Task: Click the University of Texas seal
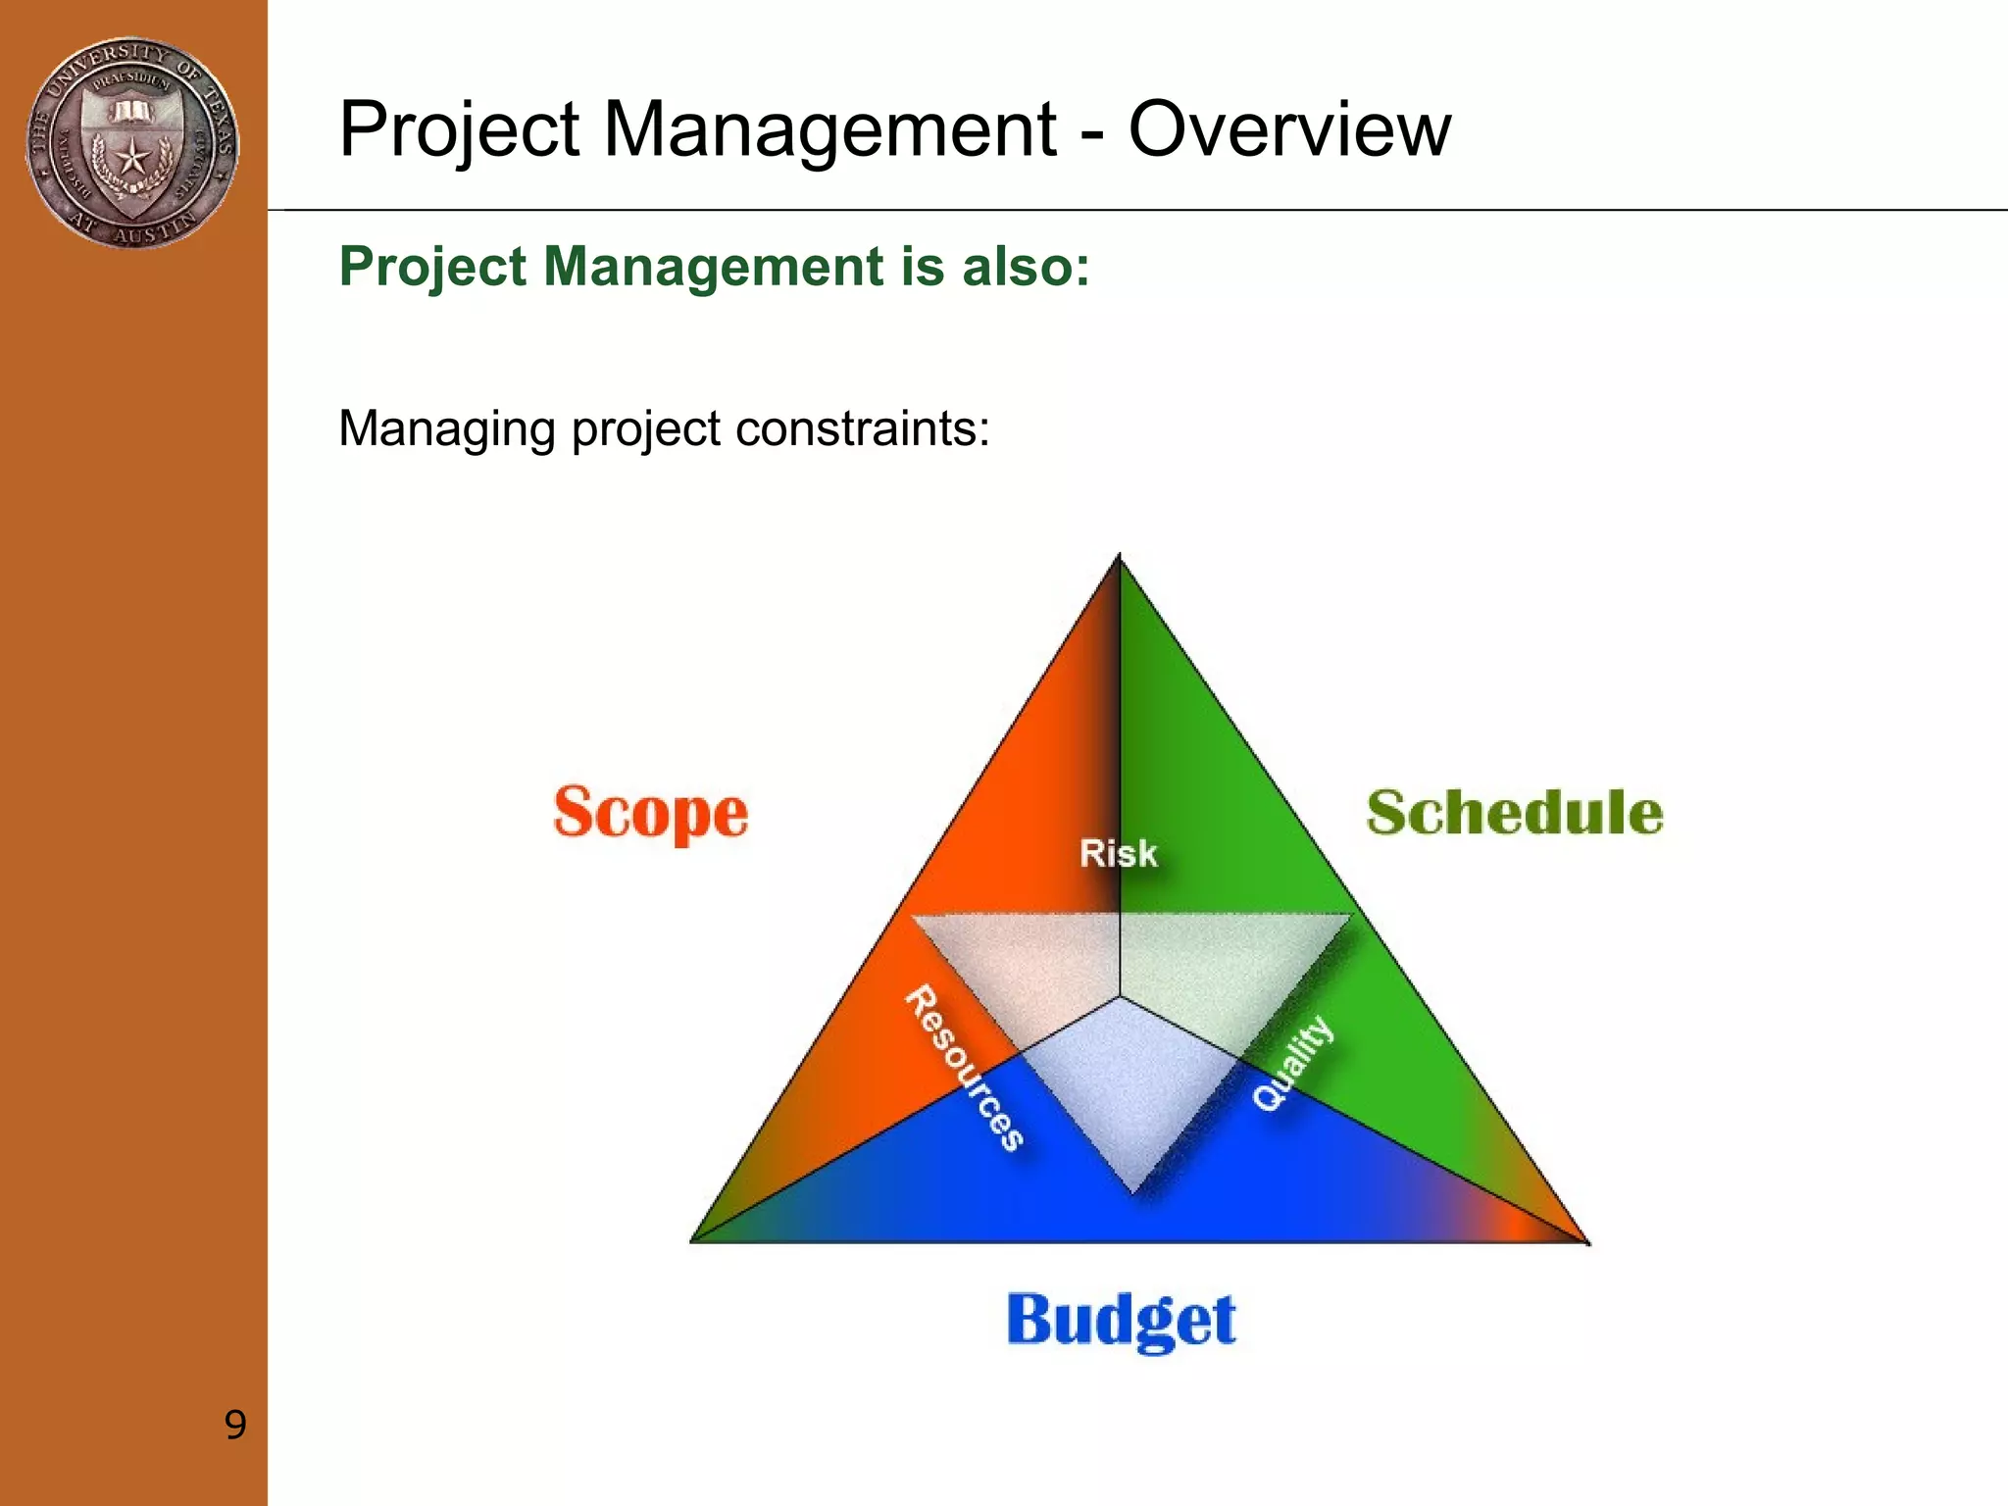click(x=132, y=143)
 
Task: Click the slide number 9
click(x=235, y=1425)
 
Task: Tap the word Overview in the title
click(x=1289, y=129)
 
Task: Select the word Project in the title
click(x=460, y=131)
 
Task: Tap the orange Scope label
click(x=651, y=813)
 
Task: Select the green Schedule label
click(x=1515, y=813)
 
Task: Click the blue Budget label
click(x=1121, y=1320)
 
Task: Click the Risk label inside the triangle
click(x=1118, y=853)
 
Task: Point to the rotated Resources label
click(x=964, y=1068)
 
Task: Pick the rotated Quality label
click(x=1293, y=1064)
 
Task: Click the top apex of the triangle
click(x=1120, y=557)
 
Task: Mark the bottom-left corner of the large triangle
click(x=693, y=1240)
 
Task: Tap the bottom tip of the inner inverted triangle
click(x=1133, y=1192)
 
